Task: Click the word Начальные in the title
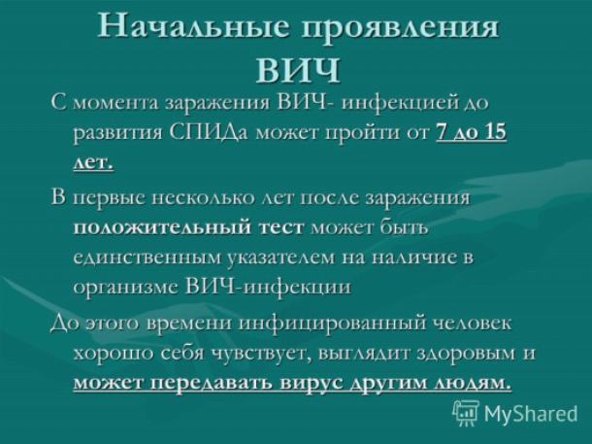click(191, 26)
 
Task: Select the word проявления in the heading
click(400, 28)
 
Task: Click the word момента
click(117, 103)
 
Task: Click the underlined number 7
click(441, 132)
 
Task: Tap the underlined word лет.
click(93, 163)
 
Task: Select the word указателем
click(282, 257)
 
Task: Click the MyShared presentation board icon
click(466, 413)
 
